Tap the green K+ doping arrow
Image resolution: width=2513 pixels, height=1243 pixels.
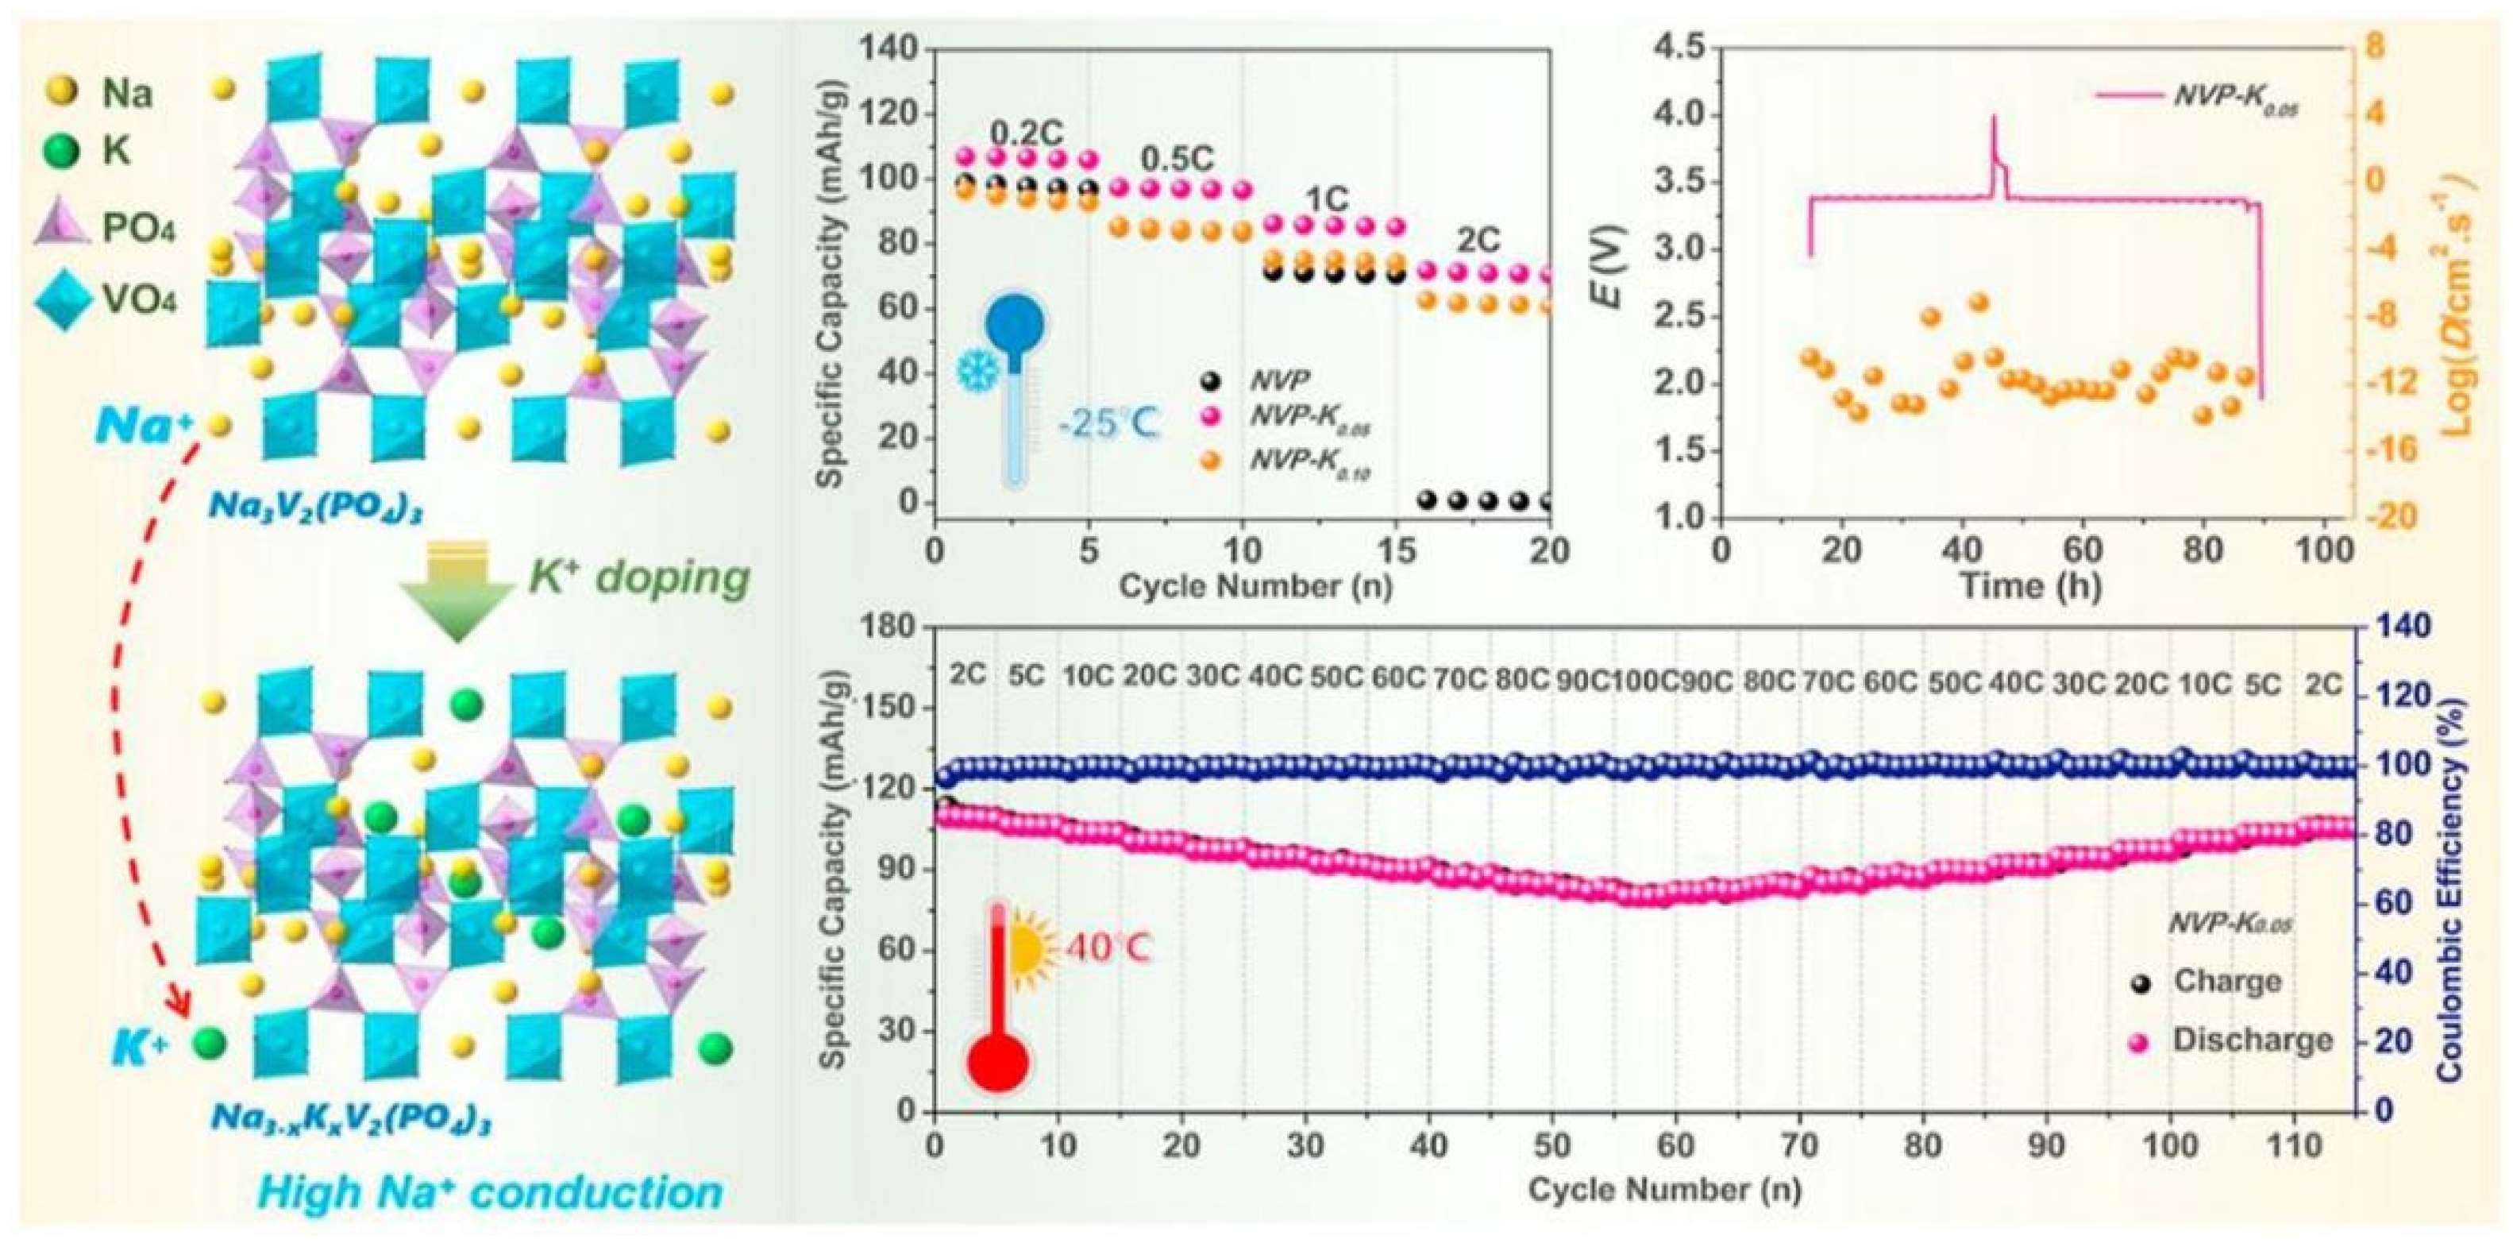(457, 595)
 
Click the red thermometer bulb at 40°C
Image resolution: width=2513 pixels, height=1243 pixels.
(998, 1060)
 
